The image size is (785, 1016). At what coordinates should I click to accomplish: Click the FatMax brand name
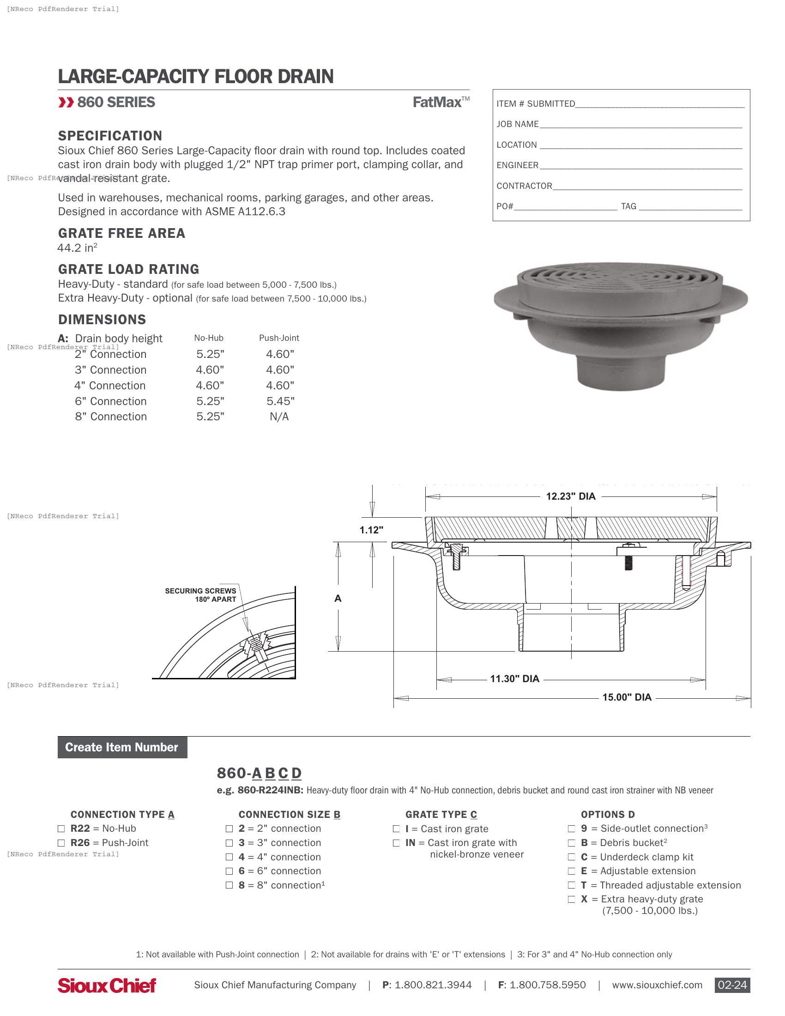point(437,103)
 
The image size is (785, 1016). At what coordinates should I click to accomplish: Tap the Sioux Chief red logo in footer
point(107,986)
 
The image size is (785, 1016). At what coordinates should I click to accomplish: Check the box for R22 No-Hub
point(61,829)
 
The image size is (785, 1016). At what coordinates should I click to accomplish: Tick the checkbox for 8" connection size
point(229,885)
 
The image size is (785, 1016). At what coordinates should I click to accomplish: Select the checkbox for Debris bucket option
point(572,843)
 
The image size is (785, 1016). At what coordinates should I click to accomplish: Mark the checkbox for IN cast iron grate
point(396,843)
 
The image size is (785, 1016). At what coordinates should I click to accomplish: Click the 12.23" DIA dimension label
point(570,496)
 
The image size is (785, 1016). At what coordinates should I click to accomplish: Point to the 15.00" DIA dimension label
point(627,697)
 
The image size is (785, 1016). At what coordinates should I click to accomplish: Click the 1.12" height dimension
point(371,530)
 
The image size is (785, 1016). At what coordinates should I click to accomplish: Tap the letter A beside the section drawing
point(338,599)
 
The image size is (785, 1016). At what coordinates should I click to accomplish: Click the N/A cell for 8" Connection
point(279,417)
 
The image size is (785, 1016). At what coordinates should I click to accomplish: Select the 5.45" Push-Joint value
point(280,401)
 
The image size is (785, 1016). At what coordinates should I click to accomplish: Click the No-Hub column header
point(209,338)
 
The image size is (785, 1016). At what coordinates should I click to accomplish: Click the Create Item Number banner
point(122,747)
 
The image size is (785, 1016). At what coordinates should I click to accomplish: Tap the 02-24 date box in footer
point(732,986)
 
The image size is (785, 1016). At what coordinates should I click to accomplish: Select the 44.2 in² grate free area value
point(77,248)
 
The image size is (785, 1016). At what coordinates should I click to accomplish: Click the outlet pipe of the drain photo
point(621,372)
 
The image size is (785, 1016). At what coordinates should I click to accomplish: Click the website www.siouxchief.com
point(657,986)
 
